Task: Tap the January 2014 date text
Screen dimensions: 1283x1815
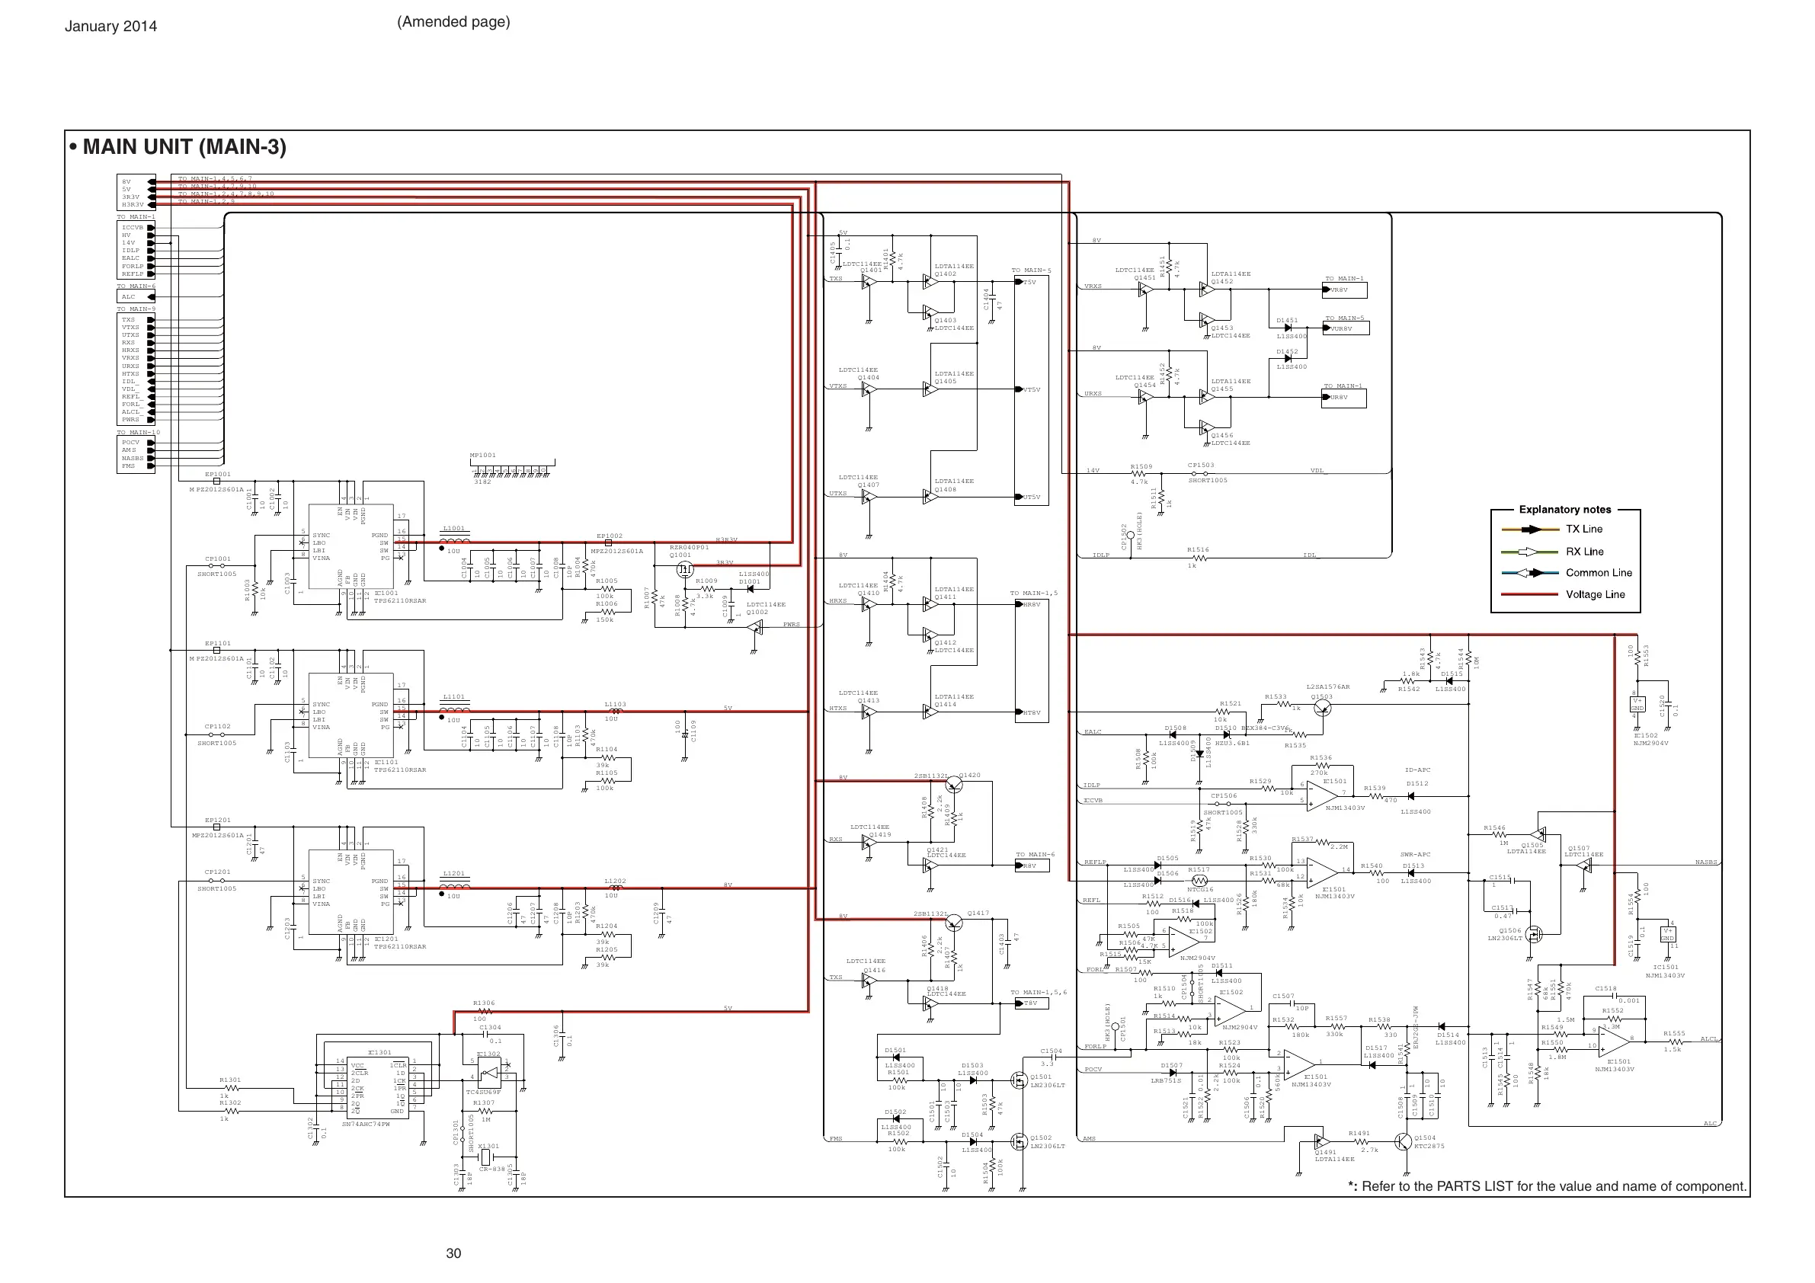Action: coord(110,26)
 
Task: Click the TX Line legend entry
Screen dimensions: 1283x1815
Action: coord(1583,530)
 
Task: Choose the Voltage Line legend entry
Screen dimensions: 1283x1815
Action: coord(1595,594)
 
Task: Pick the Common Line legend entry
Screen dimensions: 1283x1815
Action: coord(1599,573)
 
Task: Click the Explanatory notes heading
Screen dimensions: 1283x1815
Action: coord(1564,510)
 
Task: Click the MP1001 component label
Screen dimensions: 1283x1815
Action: coord(482,456)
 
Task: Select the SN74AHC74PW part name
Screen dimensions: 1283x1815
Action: coord(365,1124)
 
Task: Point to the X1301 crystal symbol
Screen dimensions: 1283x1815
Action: coord(486,1158)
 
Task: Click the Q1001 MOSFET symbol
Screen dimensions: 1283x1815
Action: coord(684,568)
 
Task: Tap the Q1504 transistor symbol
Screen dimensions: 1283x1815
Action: coord(1401,1142)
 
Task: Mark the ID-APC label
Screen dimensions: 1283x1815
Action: coord(1417,770)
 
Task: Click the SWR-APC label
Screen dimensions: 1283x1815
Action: coord(1415,855)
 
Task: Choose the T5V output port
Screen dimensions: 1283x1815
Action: coord(1030,282)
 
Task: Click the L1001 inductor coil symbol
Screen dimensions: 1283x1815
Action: coord(455,542)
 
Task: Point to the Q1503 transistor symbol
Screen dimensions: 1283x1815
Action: coord(1324,709)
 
